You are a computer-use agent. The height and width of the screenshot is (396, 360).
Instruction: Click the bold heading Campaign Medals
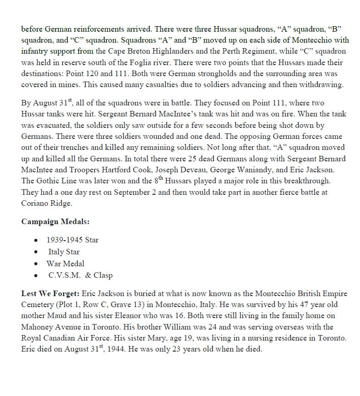tap(55, 222)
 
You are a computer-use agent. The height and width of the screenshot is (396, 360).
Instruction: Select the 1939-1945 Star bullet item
tap(72, 240)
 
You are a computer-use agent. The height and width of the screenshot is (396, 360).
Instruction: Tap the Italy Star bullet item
tap(64, 252)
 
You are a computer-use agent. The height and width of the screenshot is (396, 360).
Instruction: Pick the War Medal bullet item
tap(65, 264)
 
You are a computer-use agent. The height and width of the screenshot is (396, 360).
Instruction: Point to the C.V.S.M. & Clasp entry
tap(80, 275)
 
